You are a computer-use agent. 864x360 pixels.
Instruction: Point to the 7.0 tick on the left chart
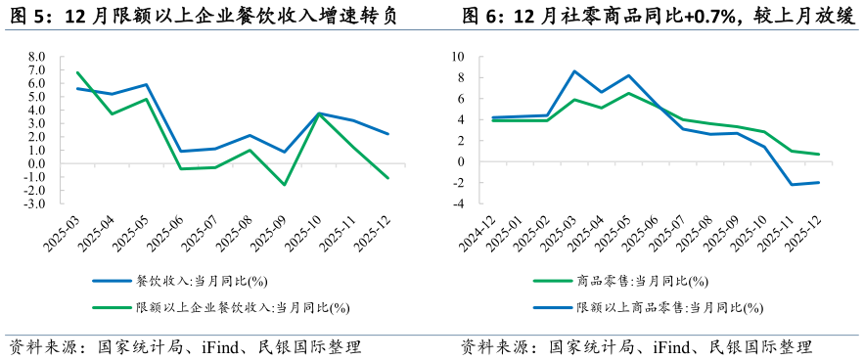(35, 70)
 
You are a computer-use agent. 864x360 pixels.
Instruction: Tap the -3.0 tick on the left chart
(34, 203)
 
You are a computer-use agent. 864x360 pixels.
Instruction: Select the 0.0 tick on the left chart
(35, 163)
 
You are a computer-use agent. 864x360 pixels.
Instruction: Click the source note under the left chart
(186, 347)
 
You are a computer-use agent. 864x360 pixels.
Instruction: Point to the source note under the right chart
(636, 347)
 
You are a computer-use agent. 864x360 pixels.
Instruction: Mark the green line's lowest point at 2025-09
(285, 185)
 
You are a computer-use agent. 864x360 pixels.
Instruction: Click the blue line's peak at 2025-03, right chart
(574, 71)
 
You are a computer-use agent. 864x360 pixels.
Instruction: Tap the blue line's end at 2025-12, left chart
(388, 134)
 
